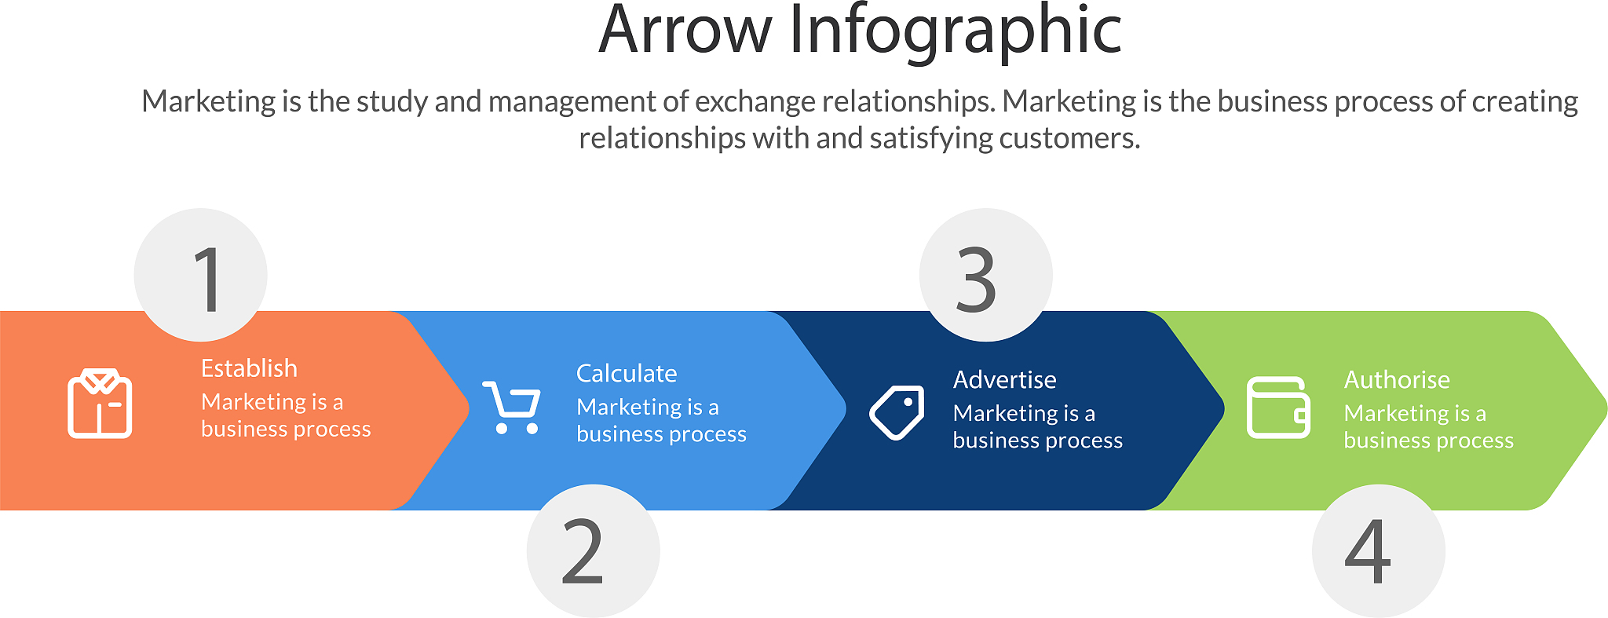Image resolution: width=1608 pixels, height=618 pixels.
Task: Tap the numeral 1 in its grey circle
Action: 208,279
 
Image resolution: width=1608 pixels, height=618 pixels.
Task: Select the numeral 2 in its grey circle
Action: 583,553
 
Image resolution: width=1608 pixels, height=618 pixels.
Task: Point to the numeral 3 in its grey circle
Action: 976,279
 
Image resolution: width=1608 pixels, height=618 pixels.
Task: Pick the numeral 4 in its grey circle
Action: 1368,552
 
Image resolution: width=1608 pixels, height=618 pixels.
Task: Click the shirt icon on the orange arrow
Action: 100,403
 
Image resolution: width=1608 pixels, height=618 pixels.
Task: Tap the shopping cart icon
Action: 511,407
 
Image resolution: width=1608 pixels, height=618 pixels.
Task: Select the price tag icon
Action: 897,412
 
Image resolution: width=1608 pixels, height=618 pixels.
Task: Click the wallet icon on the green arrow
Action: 1278,408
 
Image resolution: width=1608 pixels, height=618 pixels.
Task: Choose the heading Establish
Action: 249,368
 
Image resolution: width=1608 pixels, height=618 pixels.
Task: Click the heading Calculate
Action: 627,373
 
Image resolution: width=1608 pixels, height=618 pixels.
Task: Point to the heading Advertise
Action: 1004,379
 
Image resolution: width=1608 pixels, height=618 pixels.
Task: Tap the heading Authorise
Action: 1397,379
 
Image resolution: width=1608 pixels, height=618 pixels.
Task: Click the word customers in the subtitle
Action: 1069,138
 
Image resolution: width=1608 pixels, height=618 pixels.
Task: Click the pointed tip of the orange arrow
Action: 469,409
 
